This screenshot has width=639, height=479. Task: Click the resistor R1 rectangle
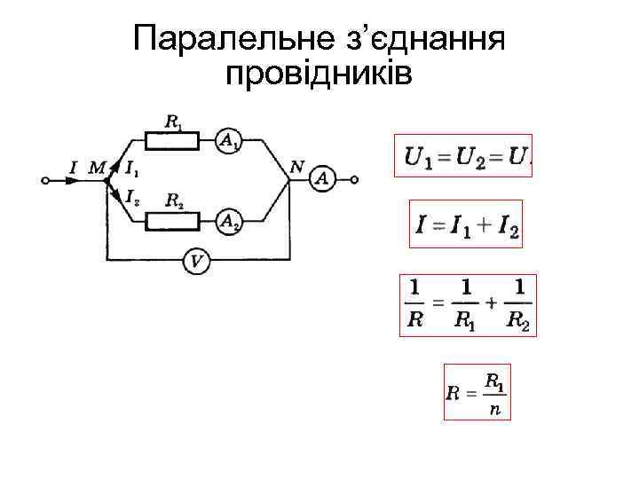[x=172, y=139]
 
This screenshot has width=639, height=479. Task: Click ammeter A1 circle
[x=229, y=139]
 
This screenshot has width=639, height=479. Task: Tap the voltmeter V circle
[x=197, y=261]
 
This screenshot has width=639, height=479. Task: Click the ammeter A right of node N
[x=322, y=179]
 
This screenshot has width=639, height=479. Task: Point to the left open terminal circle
[x=45, y=179]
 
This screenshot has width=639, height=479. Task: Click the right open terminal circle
[x=354, y=179]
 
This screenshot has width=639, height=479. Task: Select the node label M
[x=96, y=166]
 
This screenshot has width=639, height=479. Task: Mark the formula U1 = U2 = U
[x=467, y=156]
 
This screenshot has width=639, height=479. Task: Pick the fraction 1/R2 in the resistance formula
[x=519, y=304]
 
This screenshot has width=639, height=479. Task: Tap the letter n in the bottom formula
[x=494, y=411]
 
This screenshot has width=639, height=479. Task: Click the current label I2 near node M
[x=131, y=196]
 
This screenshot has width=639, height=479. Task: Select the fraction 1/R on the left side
[x=414, y=304]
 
